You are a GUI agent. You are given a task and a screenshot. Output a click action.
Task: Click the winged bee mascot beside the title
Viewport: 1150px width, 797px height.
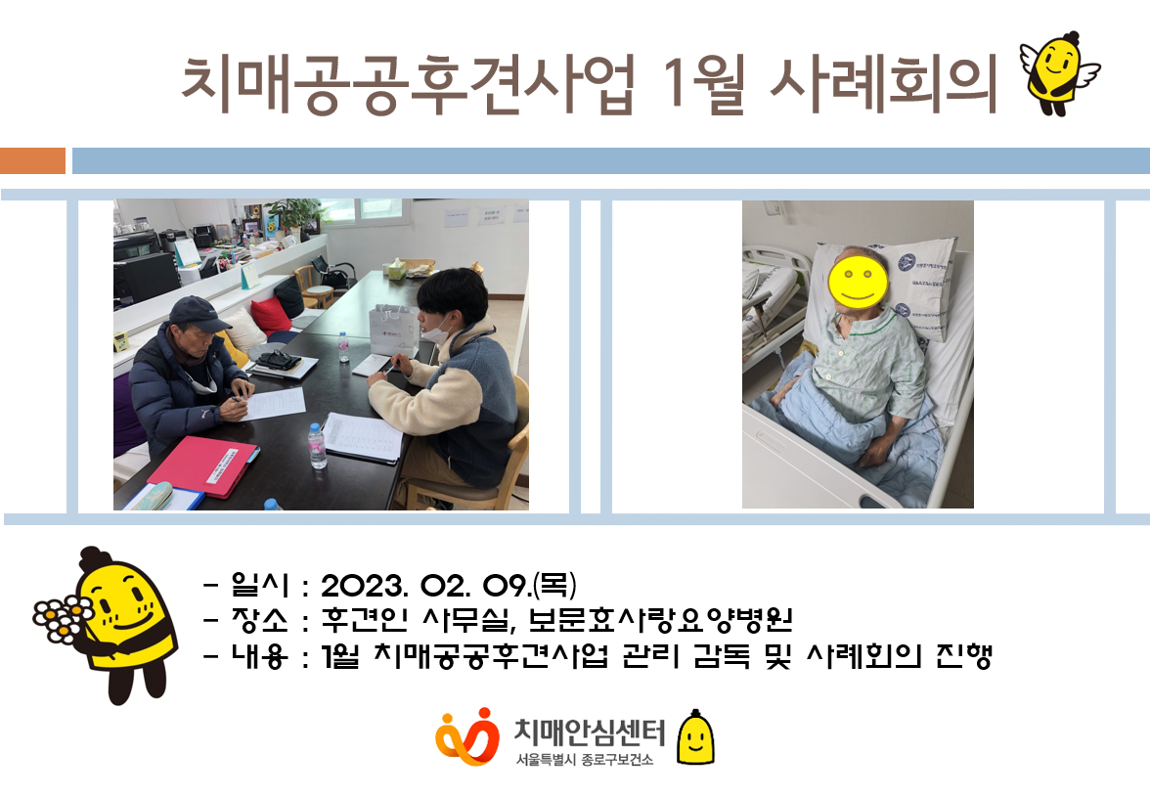[1058, 73]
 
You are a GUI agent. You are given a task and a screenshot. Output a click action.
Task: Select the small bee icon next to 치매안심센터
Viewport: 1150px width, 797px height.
[695, 737]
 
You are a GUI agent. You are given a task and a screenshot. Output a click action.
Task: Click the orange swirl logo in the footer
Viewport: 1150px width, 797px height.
[467, 736]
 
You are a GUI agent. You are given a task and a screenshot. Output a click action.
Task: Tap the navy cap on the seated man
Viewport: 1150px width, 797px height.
[198, 314]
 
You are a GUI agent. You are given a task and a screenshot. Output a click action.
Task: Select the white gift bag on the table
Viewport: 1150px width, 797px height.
[391, 330]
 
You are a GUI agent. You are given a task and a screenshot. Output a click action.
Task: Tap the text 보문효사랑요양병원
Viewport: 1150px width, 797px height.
[659, 620]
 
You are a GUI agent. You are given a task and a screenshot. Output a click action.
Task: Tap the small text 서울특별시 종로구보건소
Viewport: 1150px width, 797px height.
[584, 760]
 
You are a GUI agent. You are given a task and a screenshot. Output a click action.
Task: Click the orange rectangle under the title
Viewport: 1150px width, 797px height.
[33, 160]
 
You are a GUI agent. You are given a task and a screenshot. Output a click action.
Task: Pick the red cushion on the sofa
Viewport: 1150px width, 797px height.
[272, 315]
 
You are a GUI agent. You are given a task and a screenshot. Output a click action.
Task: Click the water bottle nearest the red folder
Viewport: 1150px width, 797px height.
[317, 446]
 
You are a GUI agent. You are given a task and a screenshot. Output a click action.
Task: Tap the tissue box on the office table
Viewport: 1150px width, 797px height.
[397, 269]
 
